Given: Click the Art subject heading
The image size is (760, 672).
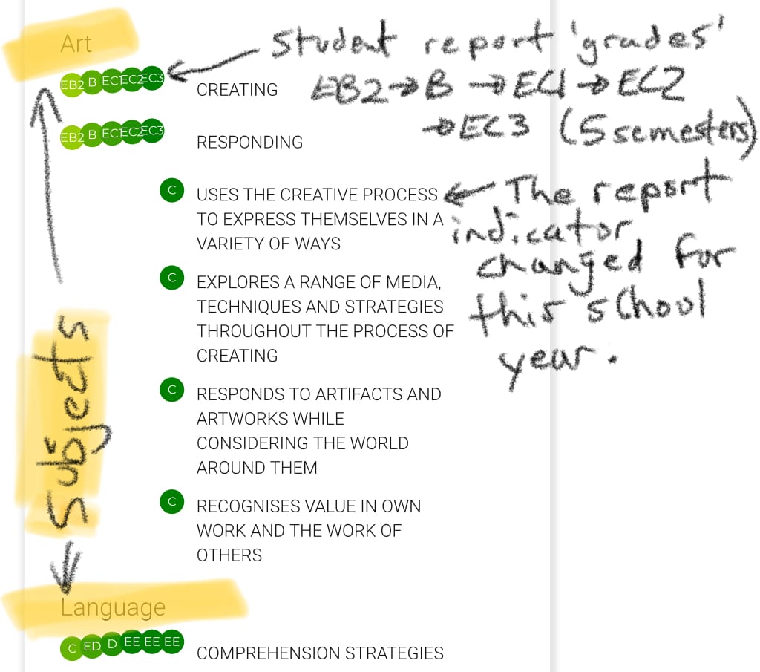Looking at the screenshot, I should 76,43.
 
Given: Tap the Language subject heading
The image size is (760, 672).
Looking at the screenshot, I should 113,607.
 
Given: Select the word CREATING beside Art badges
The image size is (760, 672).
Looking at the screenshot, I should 237,90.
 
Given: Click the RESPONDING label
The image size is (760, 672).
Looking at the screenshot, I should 249,143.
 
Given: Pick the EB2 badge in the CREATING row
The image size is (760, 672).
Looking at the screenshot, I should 72,85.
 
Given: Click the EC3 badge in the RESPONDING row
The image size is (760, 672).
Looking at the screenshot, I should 152,131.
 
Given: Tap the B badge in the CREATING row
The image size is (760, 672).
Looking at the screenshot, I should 92,82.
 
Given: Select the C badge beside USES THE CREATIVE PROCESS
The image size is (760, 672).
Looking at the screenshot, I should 171,191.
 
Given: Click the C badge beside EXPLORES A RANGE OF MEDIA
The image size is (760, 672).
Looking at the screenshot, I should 171,278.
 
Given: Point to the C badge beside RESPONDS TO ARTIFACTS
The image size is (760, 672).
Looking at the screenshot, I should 171,389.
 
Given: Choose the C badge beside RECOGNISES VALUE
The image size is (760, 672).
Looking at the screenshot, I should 171,502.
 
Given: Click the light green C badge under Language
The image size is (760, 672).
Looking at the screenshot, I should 72,648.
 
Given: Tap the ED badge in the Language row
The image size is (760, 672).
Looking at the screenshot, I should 92,646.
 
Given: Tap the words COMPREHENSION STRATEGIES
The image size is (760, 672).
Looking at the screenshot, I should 320,653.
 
